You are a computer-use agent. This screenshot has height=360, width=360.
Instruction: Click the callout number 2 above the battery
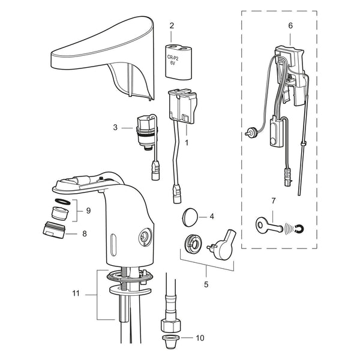click(x=172, y=26)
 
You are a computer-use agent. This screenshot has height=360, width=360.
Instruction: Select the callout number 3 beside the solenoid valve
click(x=115, y=127)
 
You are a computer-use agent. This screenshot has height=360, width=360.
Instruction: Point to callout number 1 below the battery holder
click(x=187, y=143)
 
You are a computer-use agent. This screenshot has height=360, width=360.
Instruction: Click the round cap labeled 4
click(x=190, y=217)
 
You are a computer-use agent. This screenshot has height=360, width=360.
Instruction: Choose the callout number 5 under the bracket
click(x=206, y=284)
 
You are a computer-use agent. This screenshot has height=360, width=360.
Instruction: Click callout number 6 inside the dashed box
click(x=290, y=26)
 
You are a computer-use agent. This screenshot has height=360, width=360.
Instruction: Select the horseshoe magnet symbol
click(x=299, y=229)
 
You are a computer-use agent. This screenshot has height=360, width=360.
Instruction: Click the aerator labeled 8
click(x=54, y=230)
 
